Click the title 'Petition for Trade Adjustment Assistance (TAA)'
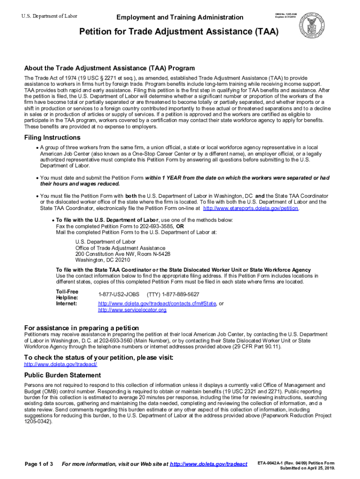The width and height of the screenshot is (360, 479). (179, 32)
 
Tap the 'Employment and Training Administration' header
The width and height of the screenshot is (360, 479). (180, 17)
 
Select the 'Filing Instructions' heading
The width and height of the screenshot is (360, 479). (52, 138)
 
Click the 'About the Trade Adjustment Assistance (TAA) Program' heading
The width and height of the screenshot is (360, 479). (109, 68)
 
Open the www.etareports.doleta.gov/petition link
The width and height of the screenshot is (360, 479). (252, 208)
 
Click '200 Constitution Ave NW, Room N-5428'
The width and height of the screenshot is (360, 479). (123, 254)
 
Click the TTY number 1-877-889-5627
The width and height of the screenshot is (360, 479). (173, 294)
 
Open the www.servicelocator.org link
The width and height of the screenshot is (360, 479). (132, 310)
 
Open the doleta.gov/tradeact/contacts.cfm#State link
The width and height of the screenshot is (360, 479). (157, 304)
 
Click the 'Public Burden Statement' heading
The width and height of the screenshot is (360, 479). (63, 375)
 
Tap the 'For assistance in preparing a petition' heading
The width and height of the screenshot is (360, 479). (81, 327)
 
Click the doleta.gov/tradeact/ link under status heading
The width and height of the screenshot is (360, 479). (61, 363)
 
